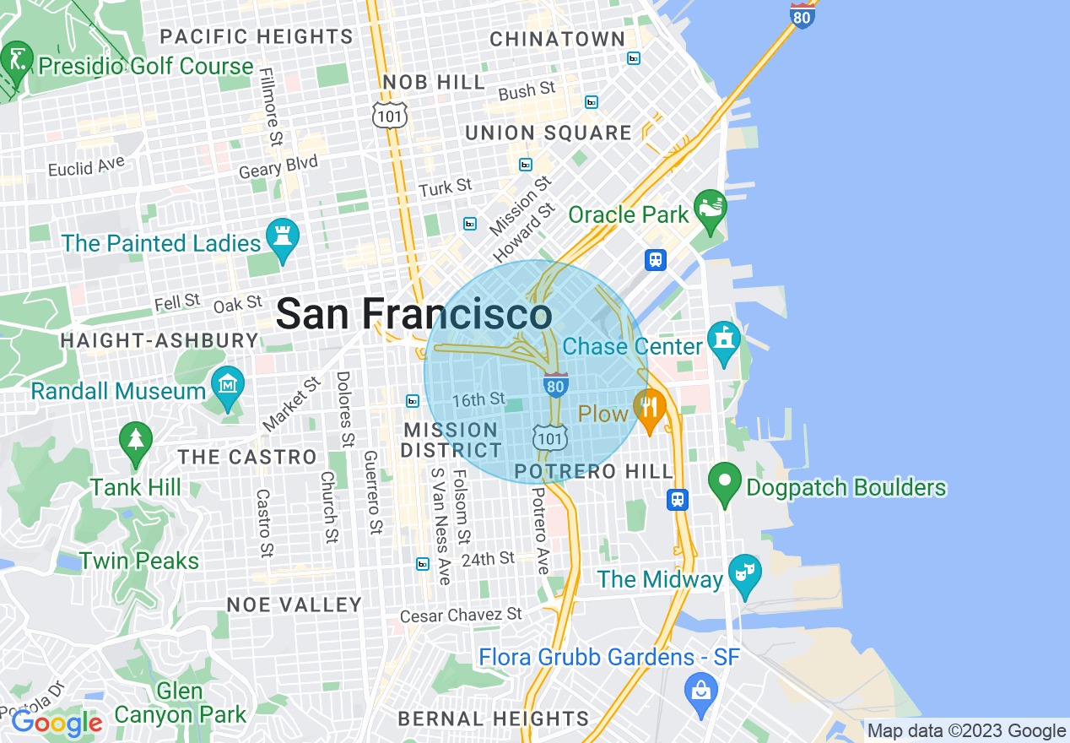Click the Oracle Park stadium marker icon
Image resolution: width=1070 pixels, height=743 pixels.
710,209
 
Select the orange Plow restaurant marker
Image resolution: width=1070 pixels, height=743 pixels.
649,409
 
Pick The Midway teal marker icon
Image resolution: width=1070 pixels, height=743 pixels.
743,573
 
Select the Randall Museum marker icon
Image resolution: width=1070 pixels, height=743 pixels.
227,386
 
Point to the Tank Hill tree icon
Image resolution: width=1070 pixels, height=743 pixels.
135,441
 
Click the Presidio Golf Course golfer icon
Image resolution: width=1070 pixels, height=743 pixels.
16,60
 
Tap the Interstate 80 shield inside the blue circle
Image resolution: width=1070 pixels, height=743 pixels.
554,385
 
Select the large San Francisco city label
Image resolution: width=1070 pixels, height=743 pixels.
413,315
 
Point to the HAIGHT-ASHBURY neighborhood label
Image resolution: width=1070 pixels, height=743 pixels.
159,341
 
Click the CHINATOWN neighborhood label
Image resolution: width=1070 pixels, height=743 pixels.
558,40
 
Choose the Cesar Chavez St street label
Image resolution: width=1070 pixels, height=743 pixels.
461,616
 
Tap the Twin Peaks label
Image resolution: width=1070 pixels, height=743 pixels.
139,561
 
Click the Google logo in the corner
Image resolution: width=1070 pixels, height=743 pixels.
57,723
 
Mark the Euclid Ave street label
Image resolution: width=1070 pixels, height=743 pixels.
86,165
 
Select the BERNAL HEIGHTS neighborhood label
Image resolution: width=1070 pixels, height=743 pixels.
494,719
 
